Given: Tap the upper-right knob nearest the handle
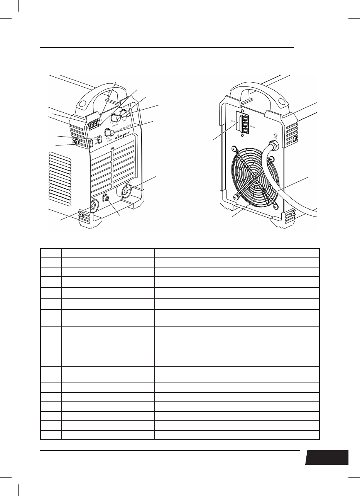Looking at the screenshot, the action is pyautogui.click(x=125, y=112).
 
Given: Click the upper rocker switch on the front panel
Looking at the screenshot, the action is pyautogui.click(x=99, y=139).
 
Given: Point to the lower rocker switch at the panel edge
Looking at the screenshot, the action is pyautogui.click(x=91, y=144).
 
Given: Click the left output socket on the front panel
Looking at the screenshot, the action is pyautogui.click(x=94, y=206).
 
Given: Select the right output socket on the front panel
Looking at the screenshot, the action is pyautogui.click(x=126, y=191).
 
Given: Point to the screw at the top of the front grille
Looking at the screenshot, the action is pyautogui.click(x=112, y=149).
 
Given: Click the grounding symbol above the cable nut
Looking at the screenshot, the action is pyautogui.click(x=275, y=135).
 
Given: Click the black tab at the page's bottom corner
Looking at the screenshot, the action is pyautogui.click(x=327, y=457).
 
